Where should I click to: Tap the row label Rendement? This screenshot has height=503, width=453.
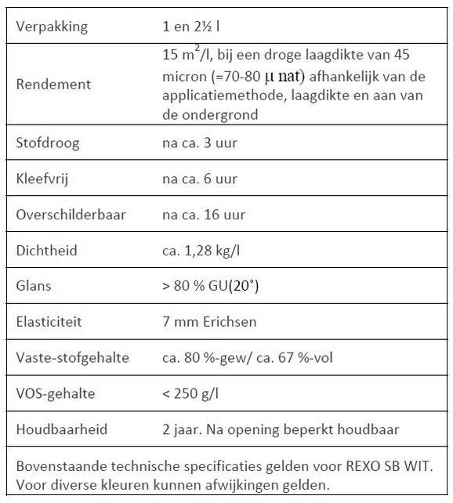pos(53,84)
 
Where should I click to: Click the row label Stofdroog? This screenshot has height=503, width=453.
pos(48,143)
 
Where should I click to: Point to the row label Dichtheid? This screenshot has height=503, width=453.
pos(48,250)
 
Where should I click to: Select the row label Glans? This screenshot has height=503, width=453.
pos(34,286)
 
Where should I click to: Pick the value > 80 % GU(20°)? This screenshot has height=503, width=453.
pos(210,286)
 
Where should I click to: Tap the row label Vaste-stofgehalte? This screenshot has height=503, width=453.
pos(72,358)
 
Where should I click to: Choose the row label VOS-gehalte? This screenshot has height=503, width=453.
pos(55,394)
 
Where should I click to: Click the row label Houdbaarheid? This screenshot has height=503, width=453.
pos(61,430)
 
